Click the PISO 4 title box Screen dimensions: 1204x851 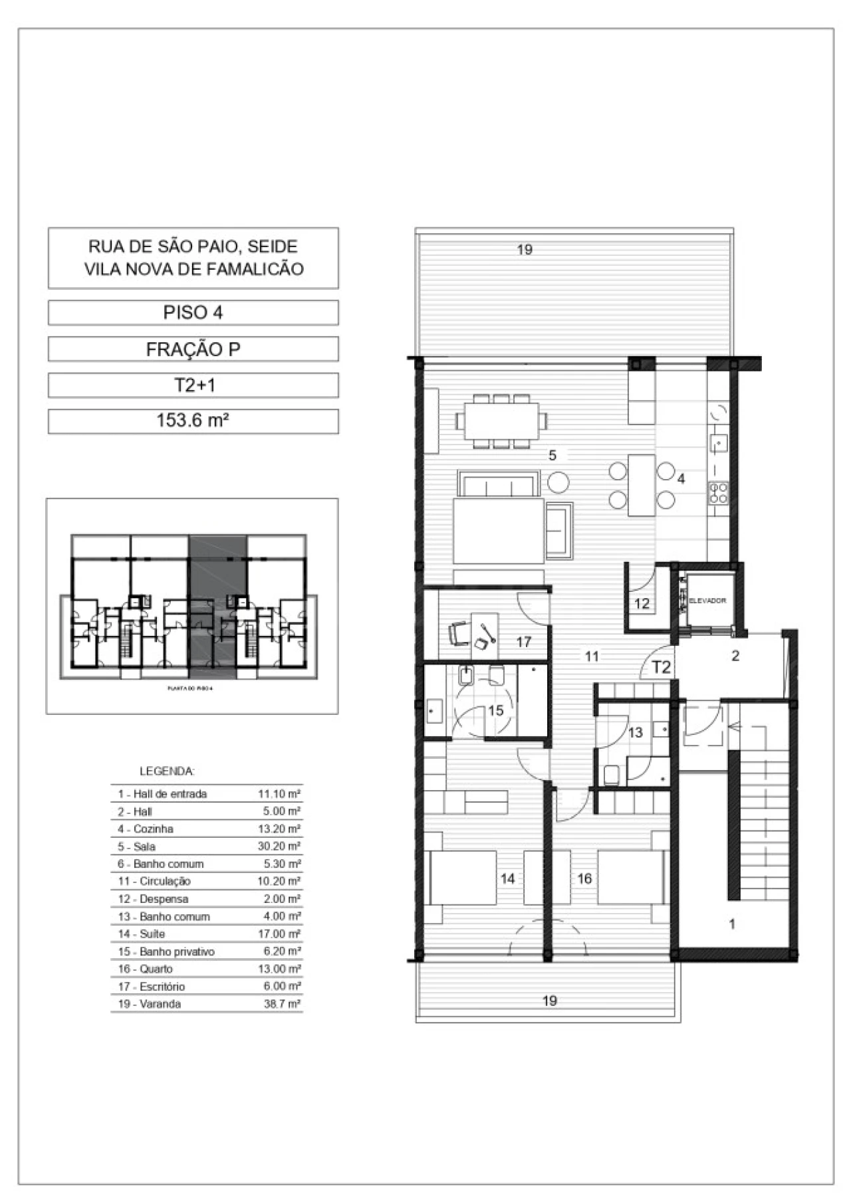(x=193, y=312)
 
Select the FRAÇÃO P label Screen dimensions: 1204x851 (x=193, y=349)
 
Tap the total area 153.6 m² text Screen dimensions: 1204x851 (x=193, y=421)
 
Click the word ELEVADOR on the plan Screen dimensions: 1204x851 (x=707, y=601)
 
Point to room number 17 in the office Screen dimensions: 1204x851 (x=524, y=642)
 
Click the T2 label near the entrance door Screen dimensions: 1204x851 (x=661, y=667)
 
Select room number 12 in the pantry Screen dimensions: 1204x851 (x=642, y=604)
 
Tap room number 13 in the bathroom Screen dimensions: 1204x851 (x=636, y=732)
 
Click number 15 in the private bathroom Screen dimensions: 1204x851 (x=495, y=710)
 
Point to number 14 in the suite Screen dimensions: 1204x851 (x=507, y=878)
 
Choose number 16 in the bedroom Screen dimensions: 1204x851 (x=584, y=878)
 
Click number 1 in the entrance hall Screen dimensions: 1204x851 (x=732, y=924)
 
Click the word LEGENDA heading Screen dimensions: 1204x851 (x=167, y=771)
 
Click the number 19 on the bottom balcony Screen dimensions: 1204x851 (x=549, y=1001)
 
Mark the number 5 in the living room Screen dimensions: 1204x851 (x=552, y=455)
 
